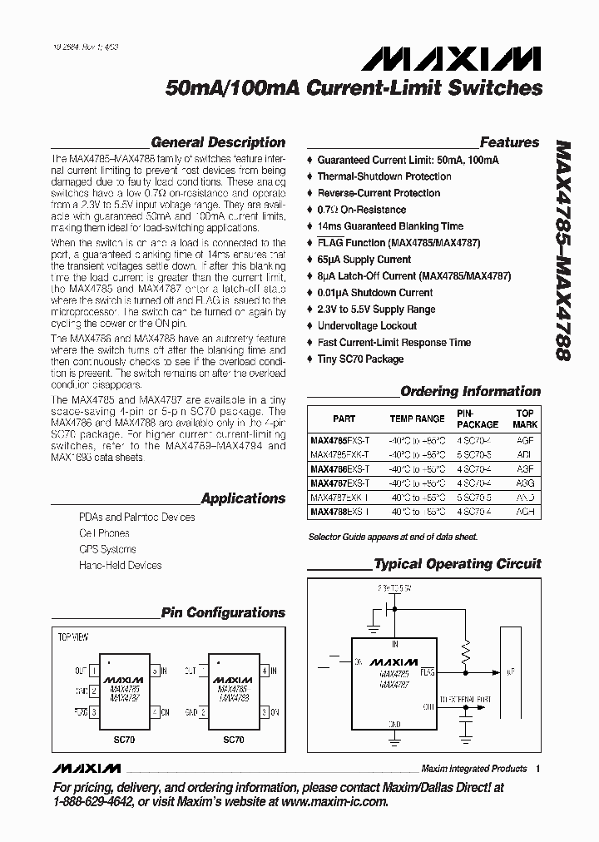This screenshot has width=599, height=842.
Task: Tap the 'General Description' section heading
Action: pyautogui.click(x=218, y=142)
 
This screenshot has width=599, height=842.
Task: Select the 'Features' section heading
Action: pyautogui.click(x=509, y=142)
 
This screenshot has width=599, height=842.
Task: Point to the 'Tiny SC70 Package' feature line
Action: pyautogui.click(x=360, y=359)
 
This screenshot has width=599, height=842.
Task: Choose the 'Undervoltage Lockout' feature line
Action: pyautogui.click(x=367, y=326)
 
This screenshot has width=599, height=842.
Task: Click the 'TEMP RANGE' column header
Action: pyautogui.click(x=417, y=419)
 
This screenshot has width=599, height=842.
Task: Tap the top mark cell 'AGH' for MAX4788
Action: pyautogui.click(x=524, y=512)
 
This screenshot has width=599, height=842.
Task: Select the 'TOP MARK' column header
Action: pyautogui.click(x=525, y=419)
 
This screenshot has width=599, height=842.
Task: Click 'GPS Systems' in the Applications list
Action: pyautogui.click(x=107, y=549)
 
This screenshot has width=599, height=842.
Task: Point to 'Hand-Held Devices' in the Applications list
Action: pyautogui.click(x=120, y=566)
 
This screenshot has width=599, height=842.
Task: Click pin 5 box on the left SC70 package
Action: pyautogui.click(x=155, y=670)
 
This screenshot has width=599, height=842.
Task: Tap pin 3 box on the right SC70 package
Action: pyautogui.click(x=264, y=712)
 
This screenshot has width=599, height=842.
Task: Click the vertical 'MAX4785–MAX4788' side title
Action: pyautogui.click(x=562, y=250)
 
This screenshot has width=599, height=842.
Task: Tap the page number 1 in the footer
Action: pyautogui.click(x=538, y=769)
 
